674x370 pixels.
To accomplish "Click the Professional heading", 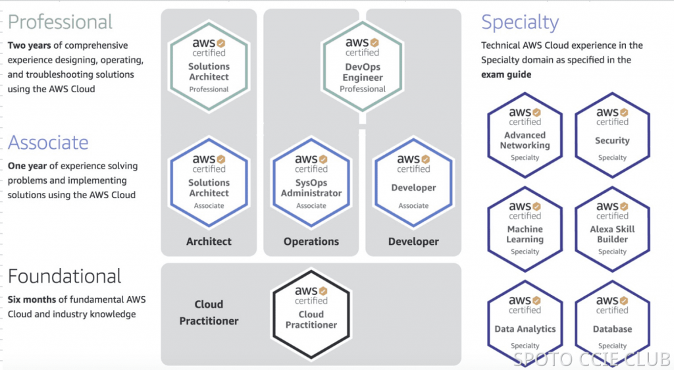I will [61, 22].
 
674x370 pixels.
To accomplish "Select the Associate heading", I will [48, 142].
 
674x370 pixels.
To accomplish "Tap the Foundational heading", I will [65, 276].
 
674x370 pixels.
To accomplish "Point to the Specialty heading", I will [520, 22].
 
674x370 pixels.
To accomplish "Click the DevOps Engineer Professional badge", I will [363, 65].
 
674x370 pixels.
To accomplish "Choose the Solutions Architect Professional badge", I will [209, 65].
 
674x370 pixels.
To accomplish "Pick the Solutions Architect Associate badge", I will [209, 181].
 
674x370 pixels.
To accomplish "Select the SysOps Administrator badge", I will [311, 181].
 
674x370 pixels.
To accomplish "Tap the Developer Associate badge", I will [413, 181].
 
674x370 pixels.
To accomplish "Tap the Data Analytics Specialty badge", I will [525, 322].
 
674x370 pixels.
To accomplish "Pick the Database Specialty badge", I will [612, 322].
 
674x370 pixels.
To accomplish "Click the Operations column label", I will [311, 242].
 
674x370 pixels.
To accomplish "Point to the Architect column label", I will [209, 242].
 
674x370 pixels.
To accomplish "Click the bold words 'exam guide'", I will [506, 74].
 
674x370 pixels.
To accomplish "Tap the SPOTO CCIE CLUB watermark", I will [591, 359].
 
